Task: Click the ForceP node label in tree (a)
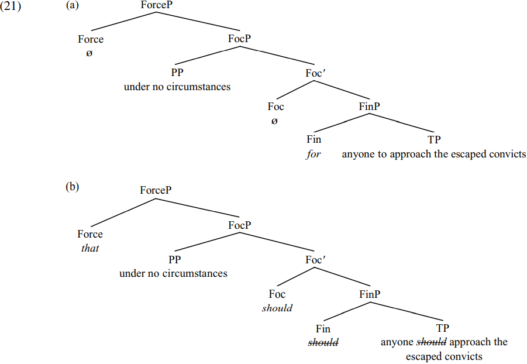pos(157,5)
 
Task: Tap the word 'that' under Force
pos(90,248)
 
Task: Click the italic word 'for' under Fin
pos(314,154)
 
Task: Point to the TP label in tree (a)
pos(434,140)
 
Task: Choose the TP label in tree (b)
pos(443,328)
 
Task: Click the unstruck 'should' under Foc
pos(277,308)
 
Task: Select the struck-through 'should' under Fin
pos(323,343)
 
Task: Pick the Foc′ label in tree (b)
pos(315,260)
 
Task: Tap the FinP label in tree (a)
pos(370,107)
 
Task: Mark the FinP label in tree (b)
pos(370,294)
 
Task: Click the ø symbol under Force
pos(90,53)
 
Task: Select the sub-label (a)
pos(73,5)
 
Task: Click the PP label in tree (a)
pos(177,73)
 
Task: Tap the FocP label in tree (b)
pos(240,225)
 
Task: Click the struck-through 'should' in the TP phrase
pos(431,342)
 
